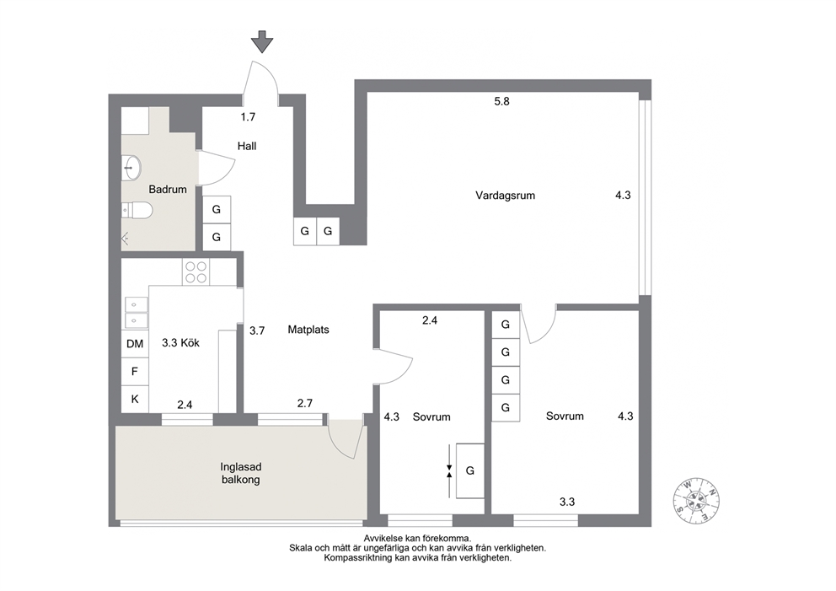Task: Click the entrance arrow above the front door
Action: (262, 41)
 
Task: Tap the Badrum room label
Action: (168, 190)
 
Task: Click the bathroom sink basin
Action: (131, 168)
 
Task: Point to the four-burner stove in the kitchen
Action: (196, 272)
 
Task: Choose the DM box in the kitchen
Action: (135, 344)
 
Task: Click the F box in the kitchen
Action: (135, 371)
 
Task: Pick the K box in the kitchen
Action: (135, 399)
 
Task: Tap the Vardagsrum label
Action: (505, 196)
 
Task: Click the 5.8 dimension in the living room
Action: (501, 101)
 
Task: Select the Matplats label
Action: (308, 330)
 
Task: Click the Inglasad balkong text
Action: (240, 473)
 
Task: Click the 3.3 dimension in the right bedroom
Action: (567, 502)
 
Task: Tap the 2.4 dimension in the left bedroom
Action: (430, 320)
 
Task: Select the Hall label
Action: (247, 146)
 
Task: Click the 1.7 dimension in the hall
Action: (248, 117)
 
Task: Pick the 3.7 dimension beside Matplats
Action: (257, 330)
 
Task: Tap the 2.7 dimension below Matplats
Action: (305, 404)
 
